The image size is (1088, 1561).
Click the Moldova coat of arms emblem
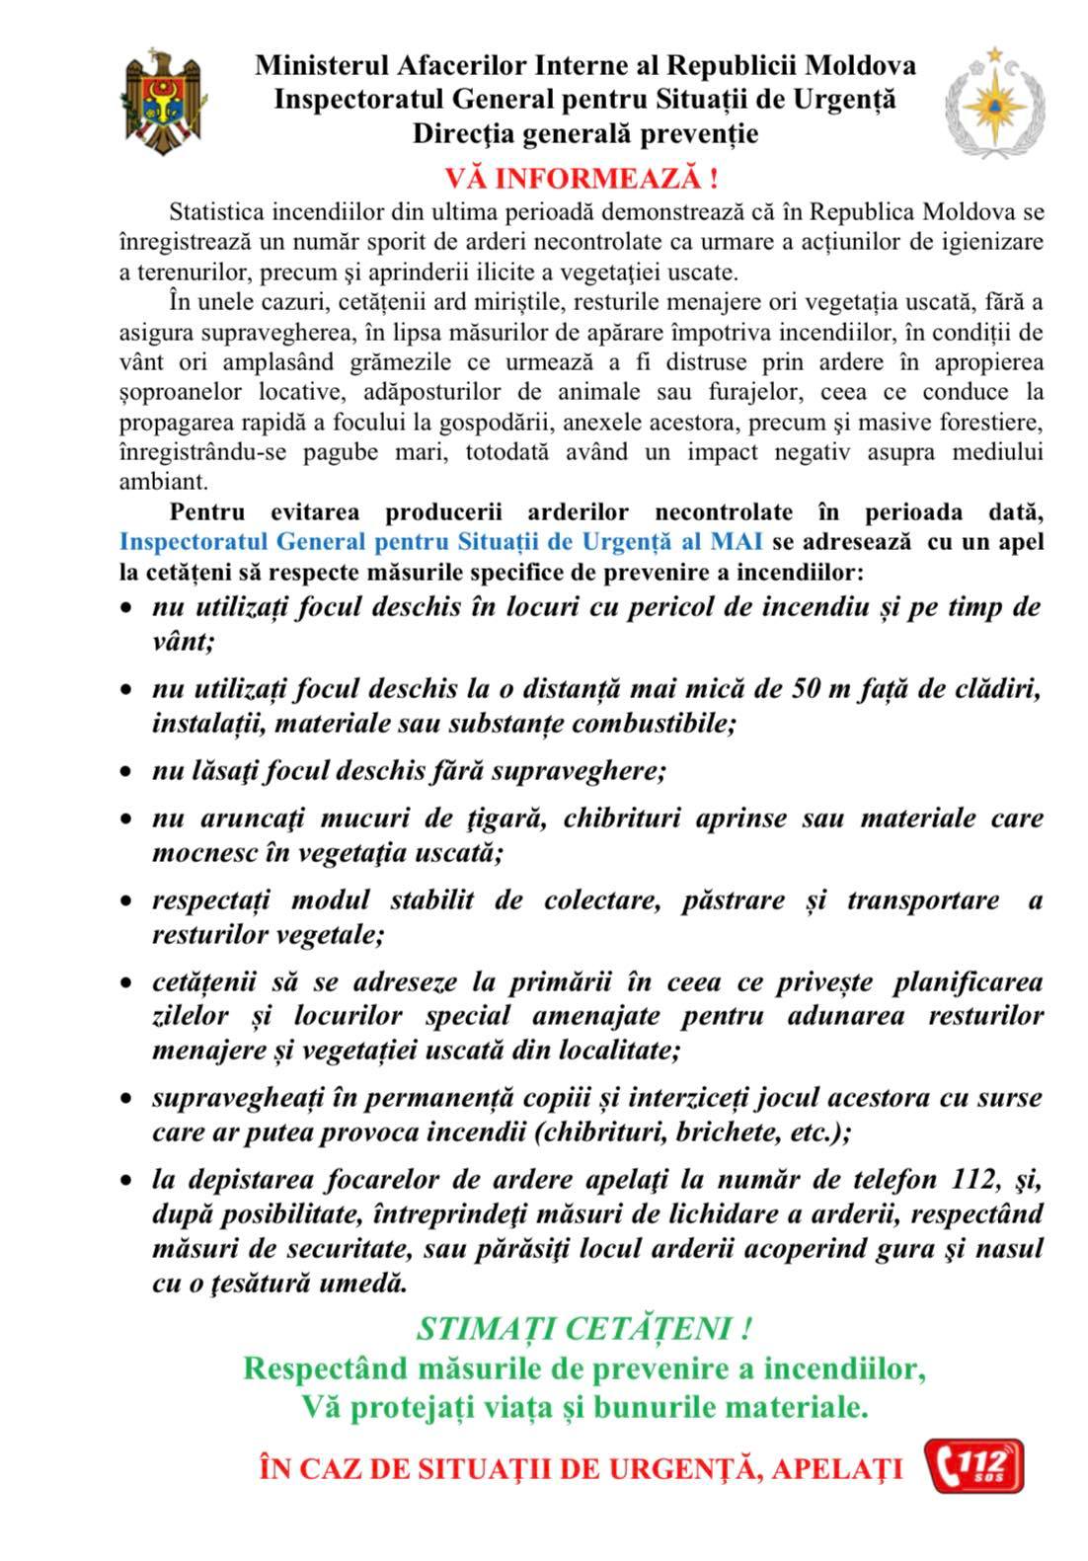tap(165, 99)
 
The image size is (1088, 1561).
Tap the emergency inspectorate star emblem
tap(987, 103)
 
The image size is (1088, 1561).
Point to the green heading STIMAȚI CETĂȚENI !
tap(585, 1329)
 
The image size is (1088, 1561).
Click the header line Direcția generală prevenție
tap(585, 133)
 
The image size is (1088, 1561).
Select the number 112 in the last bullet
tap(978, 1179)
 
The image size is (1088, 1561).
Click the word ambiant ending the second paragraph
tap(164, 483)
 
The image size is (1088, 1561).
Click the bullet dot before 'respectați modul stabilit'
tap(126, 902)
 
